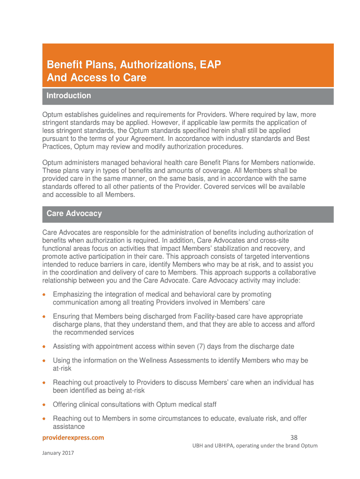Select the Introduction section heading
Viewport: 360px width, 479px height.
tap(69, 96)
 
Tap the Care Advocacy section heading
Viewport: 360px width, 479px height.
tap(74, 214)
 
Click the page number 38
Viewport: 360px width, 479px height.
tap(294, 438)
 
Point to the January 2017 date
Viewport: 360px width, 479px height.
tap(58, 453)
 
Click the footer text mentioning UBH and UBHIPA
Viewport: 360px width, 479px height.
tap(255, 446)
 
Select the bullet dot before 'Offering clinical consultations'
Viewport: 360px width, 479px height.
tap(44, 405)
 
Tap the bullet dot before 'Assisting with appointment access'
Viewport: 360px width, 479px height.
tap(44, 347)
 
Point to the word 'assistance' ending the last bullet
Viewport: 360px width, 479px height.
tap(69, 427)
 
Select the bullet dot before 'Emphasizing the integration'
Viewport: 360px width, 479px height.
tap(44, 295)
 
